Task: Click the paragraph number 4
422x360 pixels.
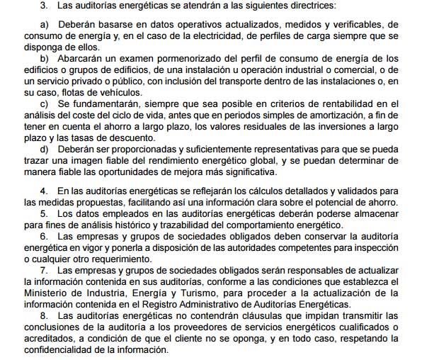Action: (42, 192)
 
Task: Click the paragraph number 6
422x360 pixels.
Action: (42, 237)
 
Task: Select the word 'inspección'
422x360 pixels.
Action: (380, 248)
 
